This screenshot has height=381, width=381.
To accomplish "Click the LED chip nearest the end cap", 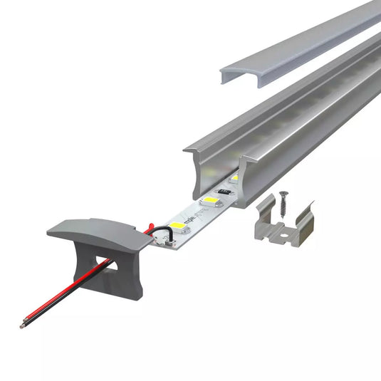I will (178, 227).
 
